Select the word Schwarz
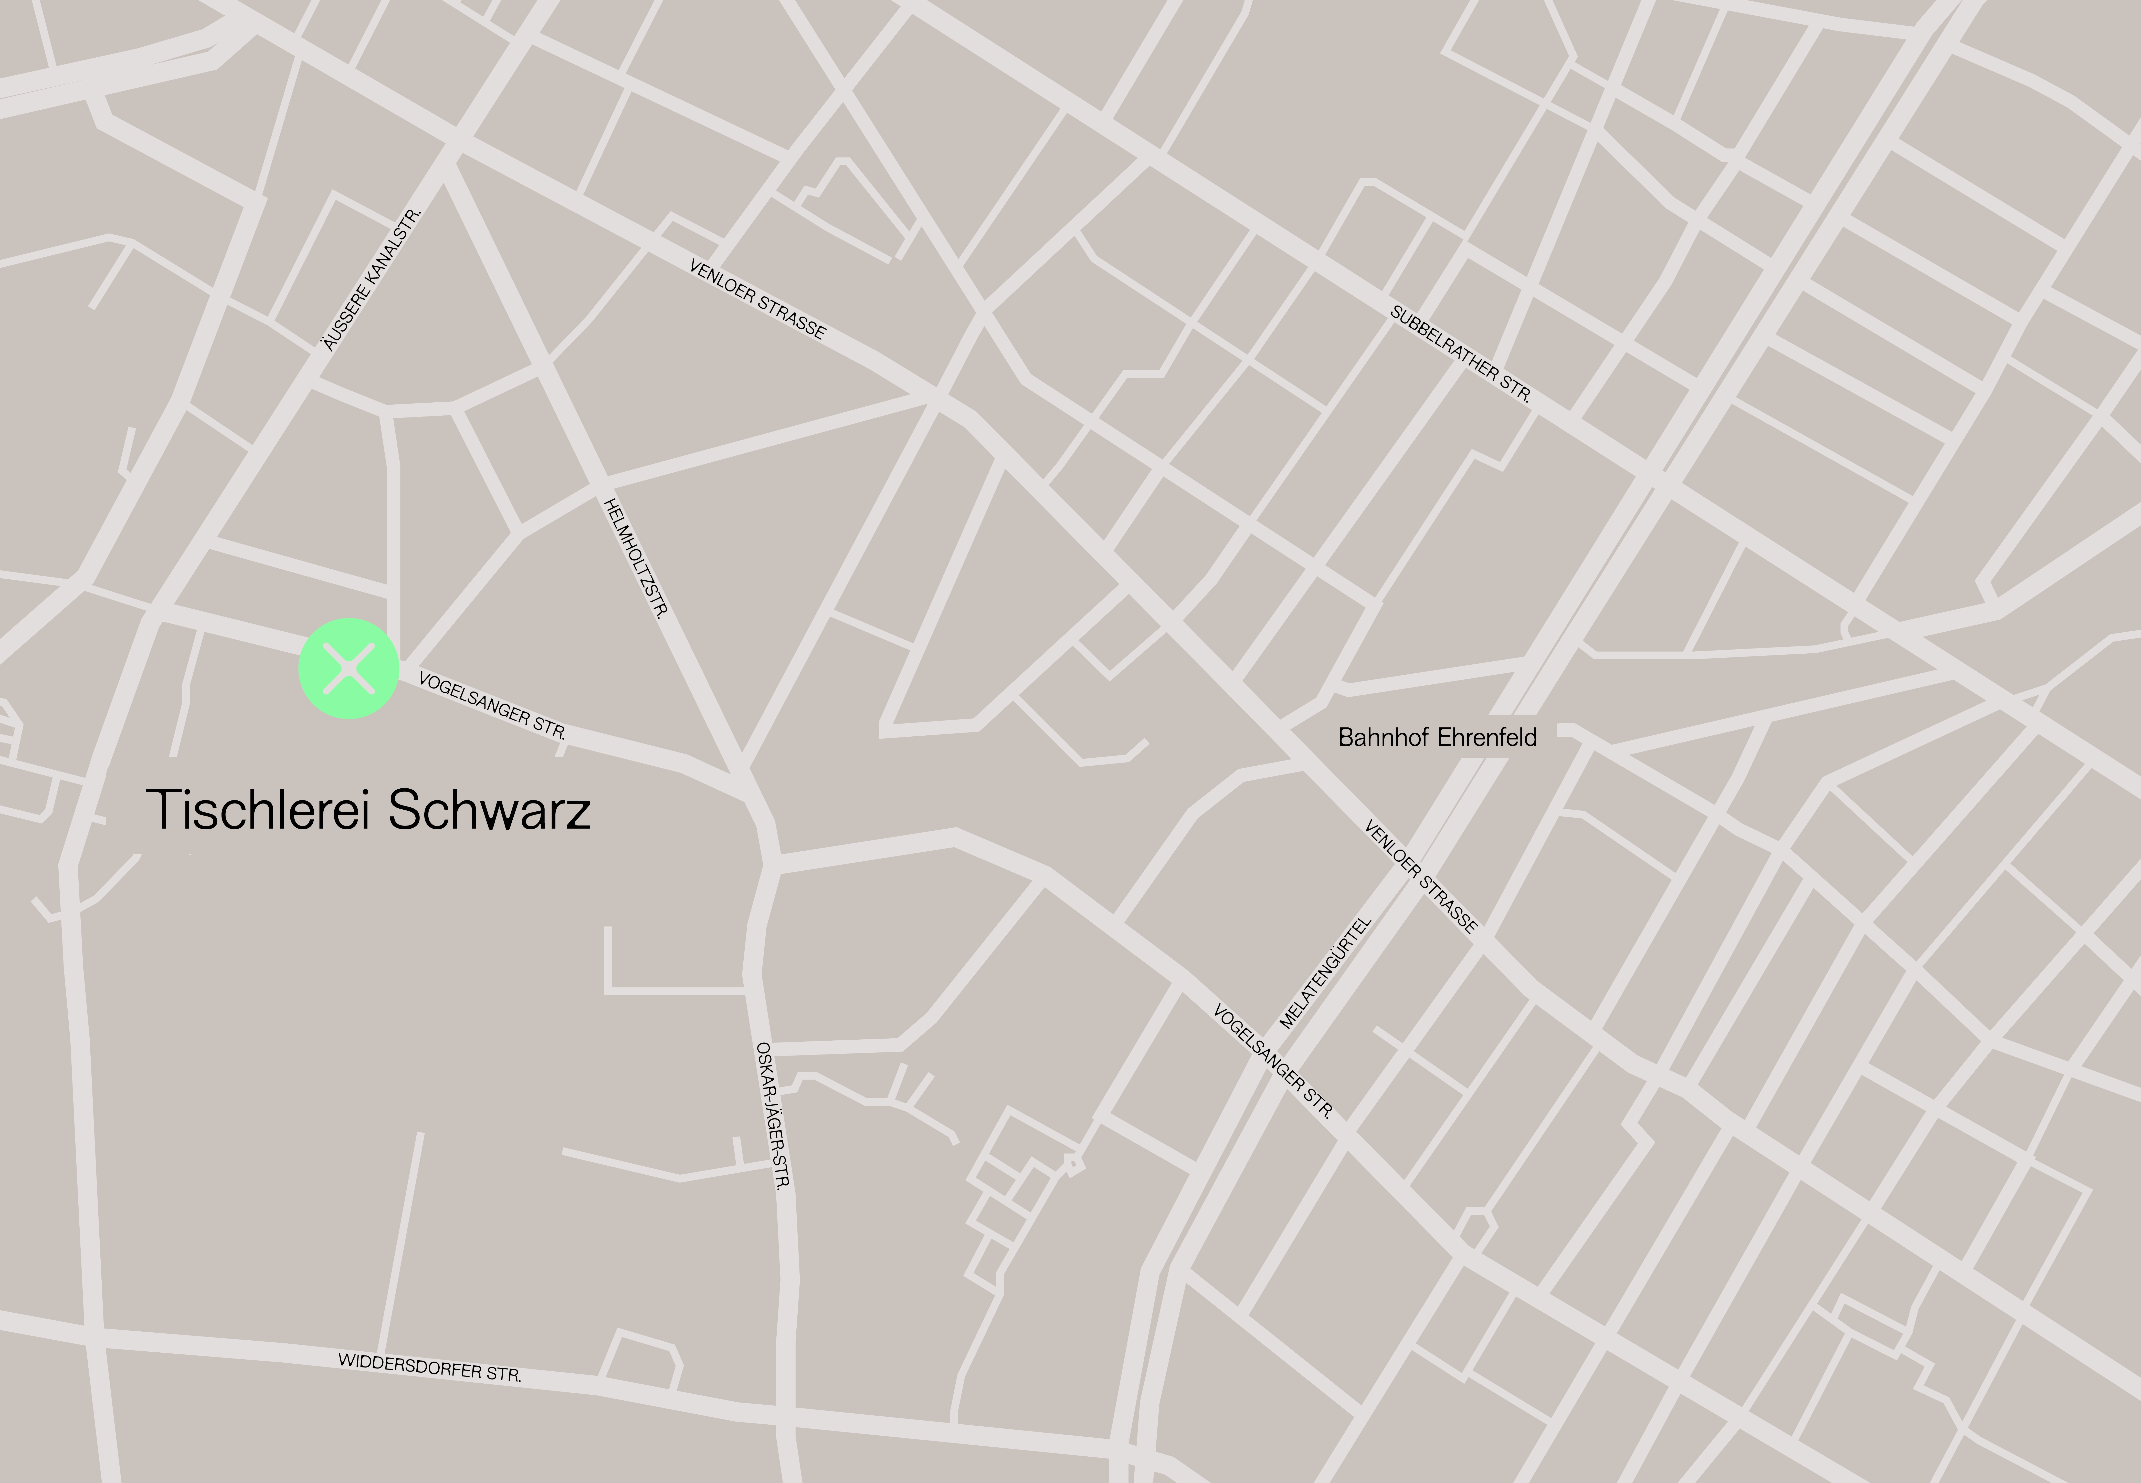click(490, 809)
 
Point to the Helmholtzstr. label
click(637, 558)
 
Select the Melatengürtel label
click(1325, 973)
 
